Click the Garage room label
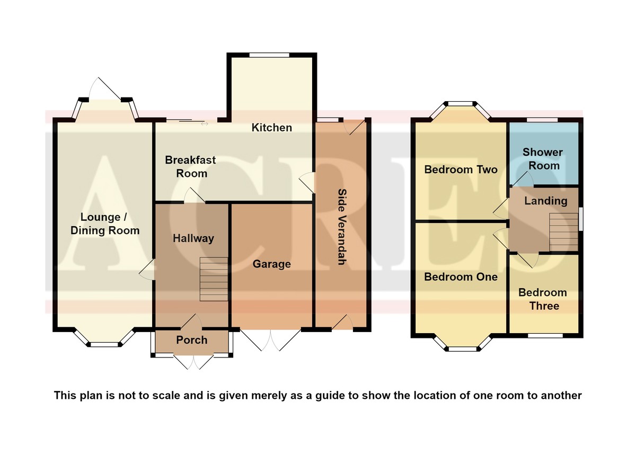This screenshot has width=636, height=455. pos(272,264)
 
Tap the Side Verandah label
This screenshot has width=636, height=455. pos(342,227)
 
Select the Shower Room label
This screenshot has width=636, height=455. pos(543,159)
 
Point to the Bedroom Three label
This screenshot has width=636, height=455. pos(543,299)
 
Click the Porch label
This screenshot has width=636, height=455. pos(192,340)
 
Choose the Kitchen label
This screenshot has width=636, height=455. pos(272,128)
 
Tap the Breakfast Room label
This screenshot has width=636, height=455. pos(190,167)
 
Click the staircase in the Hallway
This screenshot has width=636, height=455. pos(214,279)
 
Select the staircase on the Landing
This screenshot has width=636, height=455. pos(563,232)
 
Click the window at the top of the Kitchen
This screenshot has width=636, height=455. pos(269,55)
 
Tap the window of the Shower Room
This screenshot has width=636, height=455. pos(542,120)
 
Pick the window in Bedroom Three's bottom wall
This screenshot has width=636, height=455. pos(545,335)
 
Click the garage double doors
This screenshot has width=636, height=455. pos(270,340)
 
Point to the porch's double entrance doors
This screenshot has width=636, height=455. pos(193,362)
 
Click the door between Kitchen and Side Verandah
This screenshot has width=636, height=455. pos(307,183)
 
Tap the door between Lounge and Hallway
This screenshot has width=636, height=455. pos(147,269)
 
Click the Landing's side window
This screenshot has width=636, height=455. pos(581,219)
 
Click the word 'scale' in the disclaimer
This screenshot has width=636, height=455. pos(166,395)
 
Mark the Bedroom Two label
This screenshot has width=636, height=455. pos(461,169)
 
